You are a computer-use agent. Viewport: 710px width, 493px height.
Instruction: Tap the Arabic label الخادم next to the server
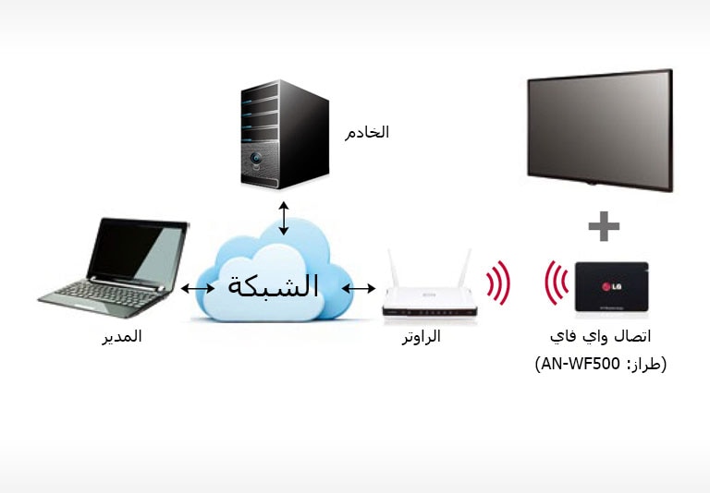(x=367, y=132)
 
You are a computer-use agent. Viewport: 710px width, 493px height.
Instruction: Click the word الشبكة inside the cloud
(x=273, y=285)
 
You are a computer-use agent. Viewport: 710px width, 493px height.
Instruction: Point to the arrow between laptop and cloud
(x=197, y=289)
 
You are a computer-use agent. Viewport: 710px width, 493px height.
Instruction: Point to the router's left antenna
(x=393, y=269)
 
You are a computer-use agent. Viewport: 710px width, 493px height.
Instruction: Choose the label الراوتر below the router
(x=421, y=337)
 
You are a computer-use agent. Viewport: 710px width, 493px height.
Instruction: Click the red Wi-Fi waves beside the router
(x=499, y=283)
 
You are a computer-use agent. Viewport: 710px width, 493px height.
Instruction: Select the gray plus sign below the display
(x=604, y=225)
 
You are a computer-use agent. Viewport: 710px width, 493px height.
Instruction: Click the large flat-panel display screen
(x=599, y=127)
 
